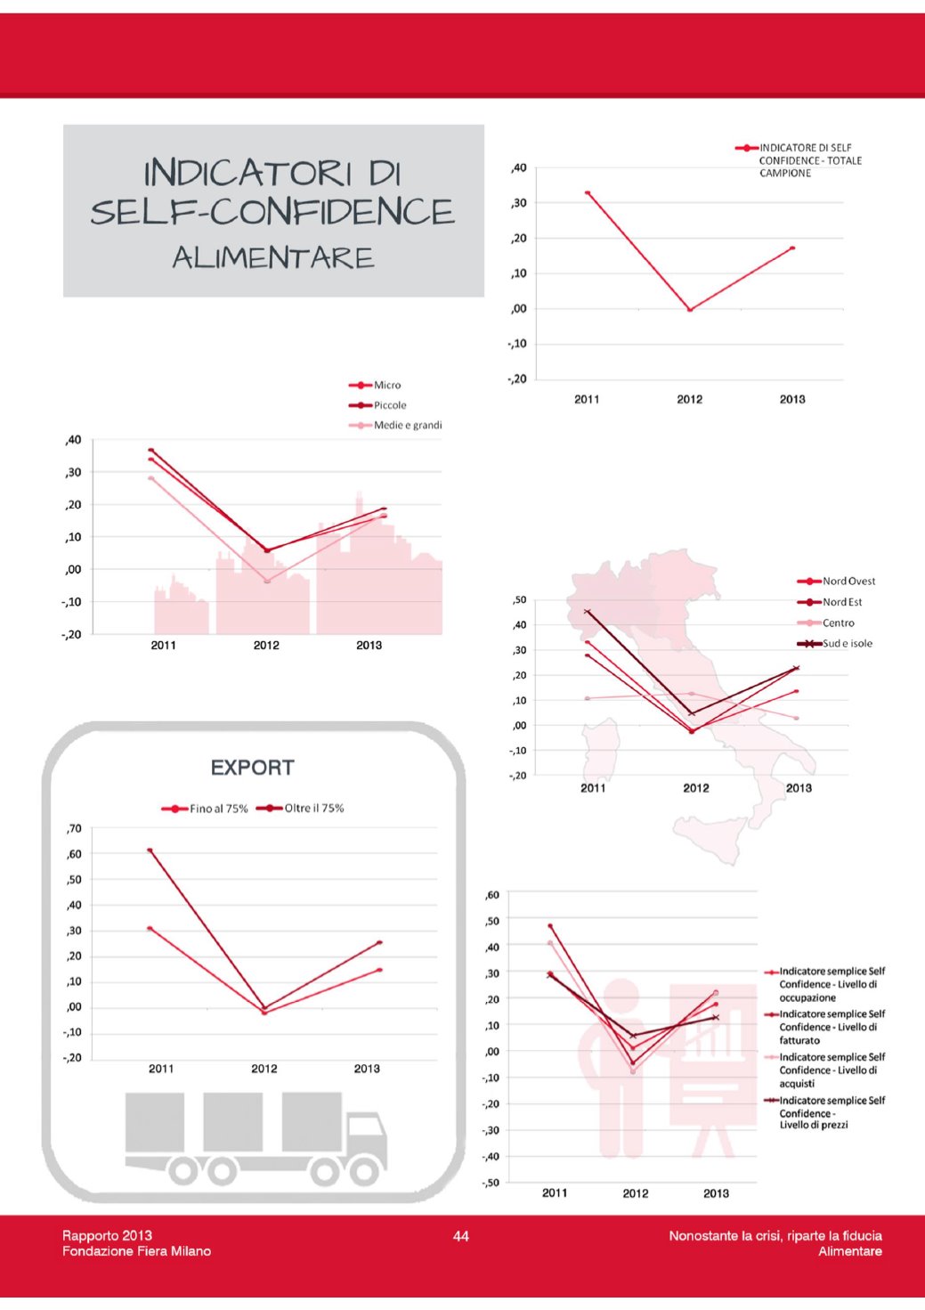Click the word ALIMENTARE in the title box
[x=273, y=257]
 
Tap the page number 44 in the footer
[x=461, y=1235]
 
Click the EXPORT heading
[x=253, y=768]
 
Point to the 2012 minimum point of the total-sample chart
[x=690, y=309]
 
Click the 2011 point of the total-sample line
[x=588, y=192]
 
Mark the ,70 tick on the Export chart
[x=74, y=828]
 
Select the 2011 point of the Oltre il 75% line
[x=150, y=850]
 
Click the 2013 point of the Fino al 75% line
[x=379, y=970]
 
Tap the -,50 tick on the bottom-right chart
[x=491, y=1183]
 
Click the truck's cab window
[x=364, y=1127]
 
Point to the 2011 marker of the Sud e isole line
[x=587, y=612]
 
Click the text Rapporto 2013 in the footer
[x=107, y=1235]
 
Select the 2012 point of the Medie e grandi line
[x=266, y=581]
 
